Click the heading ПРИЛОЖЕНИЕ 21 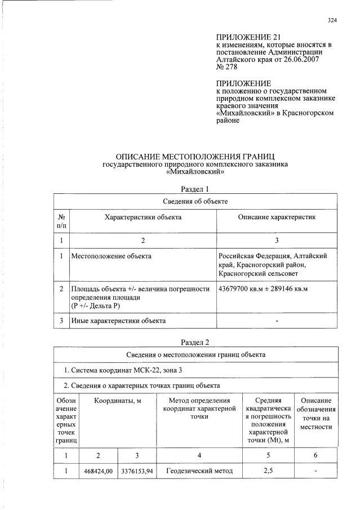pyautogui.click(x=244, y=37)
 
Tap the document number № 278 pyautogui.click(x=228, y=66)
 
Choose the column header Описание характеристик pyautogui.click(x=277, y=216)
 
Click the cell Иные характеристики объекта pyautogui.click(x=118, y=321)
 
